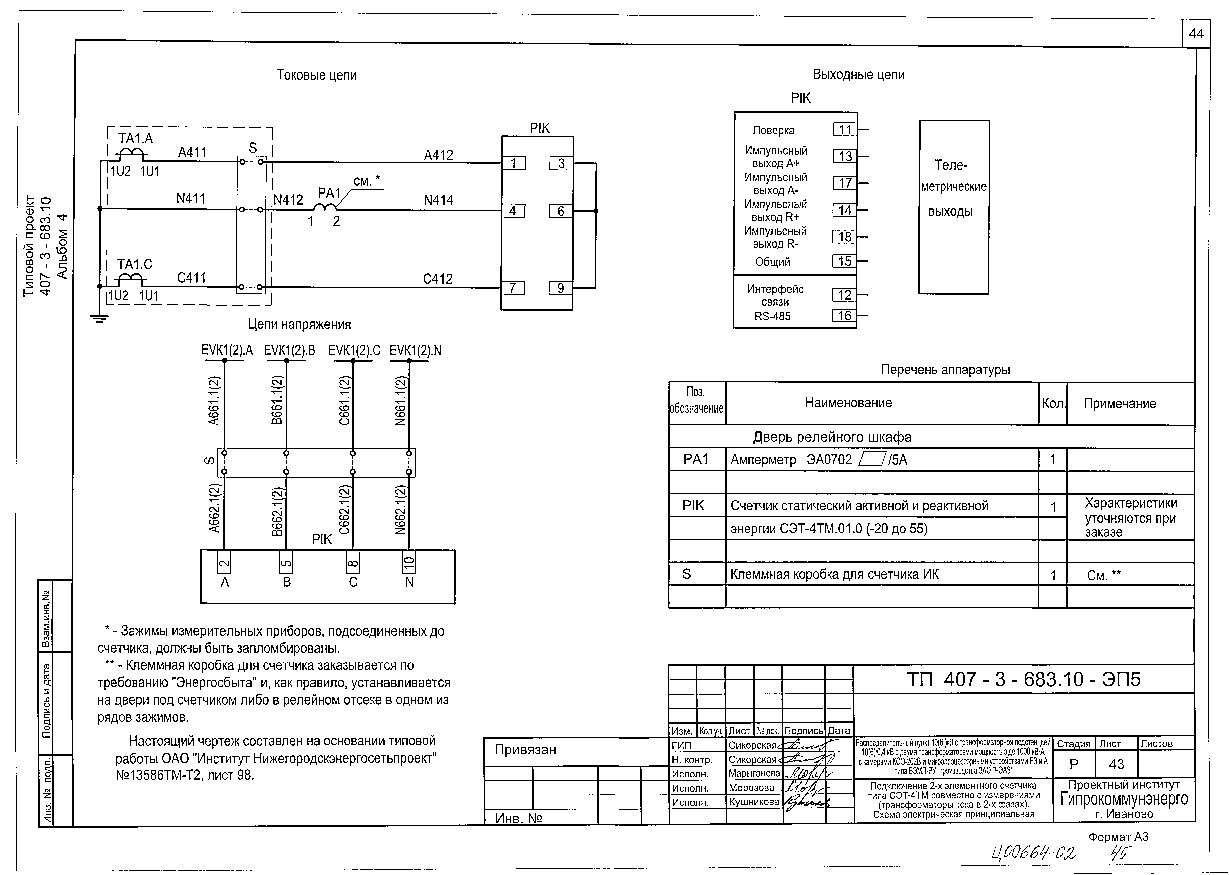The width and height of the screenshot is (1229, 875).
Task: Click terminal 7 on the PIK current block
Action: (x=513, y=288)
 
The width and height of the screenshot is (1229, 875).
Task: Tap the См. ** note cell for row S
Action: (x=1103, y=575)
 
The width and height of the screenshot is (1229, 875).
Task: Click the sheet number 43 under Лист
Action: (x=1116, y=764)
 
